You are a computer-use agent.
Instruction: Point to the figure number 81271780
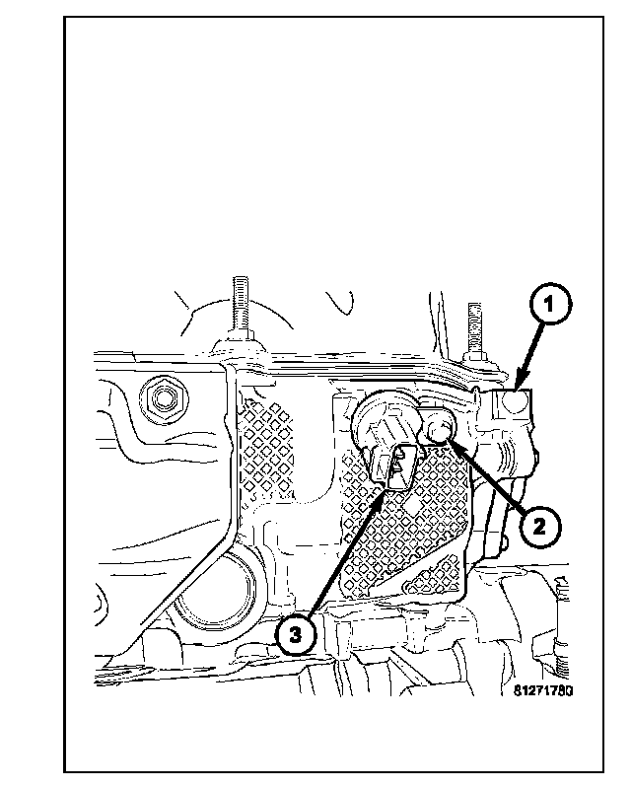[542, 690]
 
